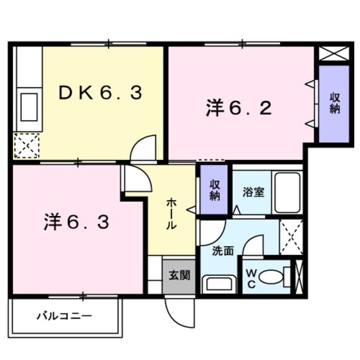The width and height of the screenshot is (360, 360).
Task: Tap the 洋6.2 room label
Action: point(238,108)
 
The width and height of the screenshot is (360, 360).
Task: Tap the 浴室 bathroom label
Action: point(253,192)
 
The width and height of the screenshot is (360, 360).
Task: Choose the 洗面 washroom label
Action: point(223,251)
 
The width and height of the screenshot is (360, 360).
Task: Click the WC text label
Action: point(251,278)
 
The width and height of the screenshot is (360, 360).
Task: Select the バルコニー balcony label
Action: point(64,316)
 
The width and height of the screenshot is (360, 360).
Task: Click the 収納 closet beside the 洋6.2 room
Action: point(334,103)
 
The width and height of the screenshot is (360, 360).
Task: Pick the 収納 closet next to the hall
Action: point(214,190)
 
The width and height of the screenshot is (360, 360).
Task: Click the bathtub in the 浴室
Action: point(288,192)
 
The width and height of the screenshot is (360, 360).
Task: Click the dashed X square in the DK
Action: point(26,146)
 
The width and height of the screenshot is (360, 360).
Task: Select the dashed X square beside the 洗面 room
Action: point(291,237)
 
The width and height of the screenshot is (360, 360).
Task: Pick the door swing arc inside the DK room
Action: point(145,149)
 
